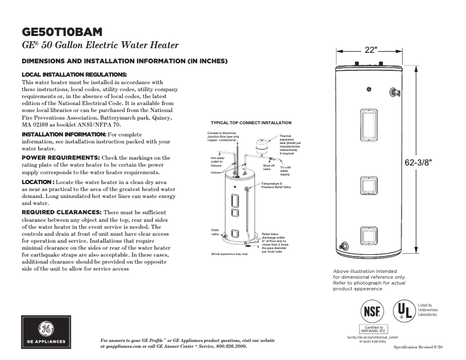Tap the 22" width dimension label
(371, 50)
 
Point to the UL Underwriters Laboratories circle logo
(404, 310)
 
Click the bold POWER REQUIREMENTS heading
(60, 157)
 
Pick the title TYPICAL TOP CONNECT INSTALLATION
(251, 123)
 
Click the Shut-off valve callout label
(268, 167)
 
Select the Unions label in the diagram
(216, 172)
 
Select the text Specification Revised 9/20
(418, 346)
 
